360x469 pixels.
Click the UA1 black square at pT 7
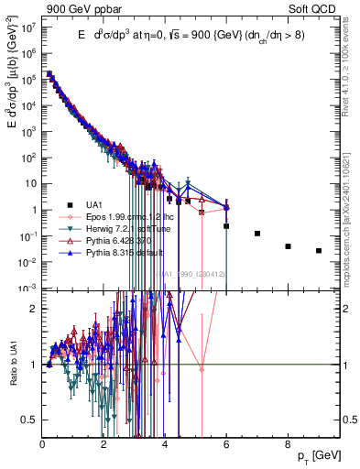coord(257,234)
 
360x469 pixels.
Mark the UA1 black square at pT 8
coord(288,246)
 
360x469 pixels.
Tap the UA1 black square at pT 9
coord(319,250)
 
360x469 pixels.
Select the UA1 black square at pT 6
coord(226,225)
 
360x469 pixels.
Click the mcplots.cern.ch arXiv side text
coord(354,215)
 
